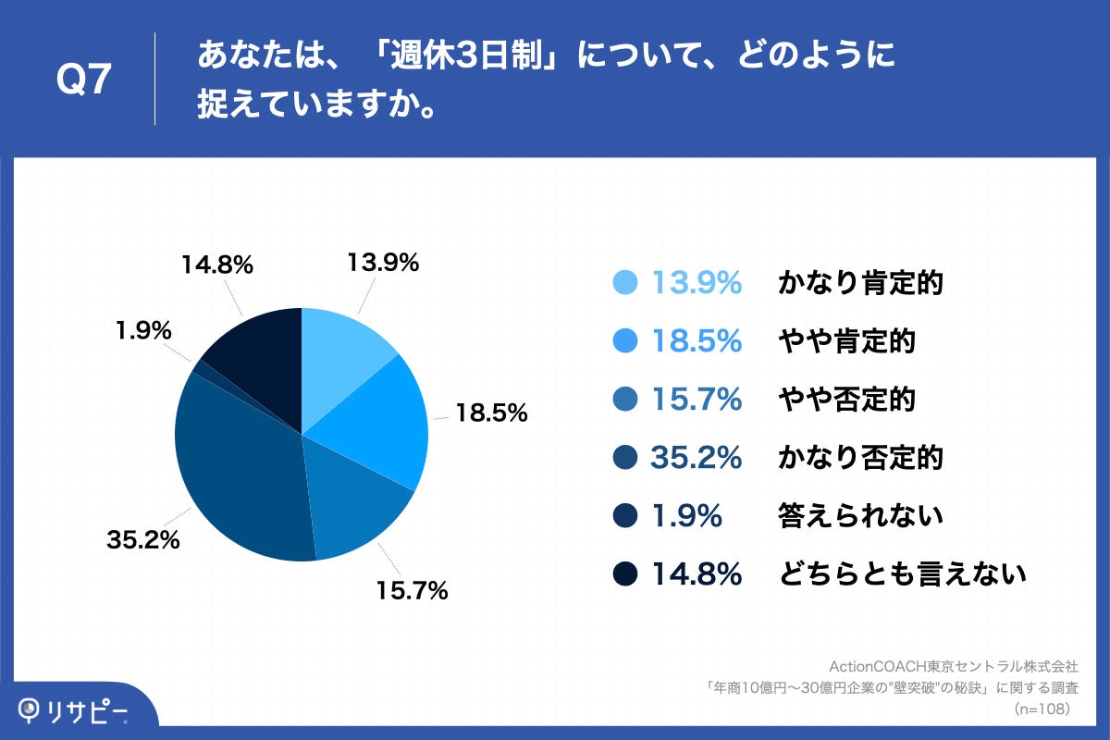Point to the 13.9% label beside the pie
(383, 263)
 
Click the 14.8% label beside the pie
(217, 265)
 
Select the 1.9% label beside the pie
(143, 329)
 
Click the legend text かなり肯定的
(859, 283)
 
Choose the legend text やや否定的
(845, 400)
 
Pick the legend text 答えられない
(859, 516)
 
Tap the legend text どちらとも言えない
(901, 574)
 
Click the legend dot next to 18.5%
(626, 341)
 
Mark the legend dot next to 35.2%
(626, 458)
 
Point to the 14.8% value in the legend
(697, 574)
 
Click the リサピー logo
(74, 710)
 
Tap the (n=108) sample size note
(1042, 709)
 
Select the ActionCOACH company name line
(954, 666)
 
